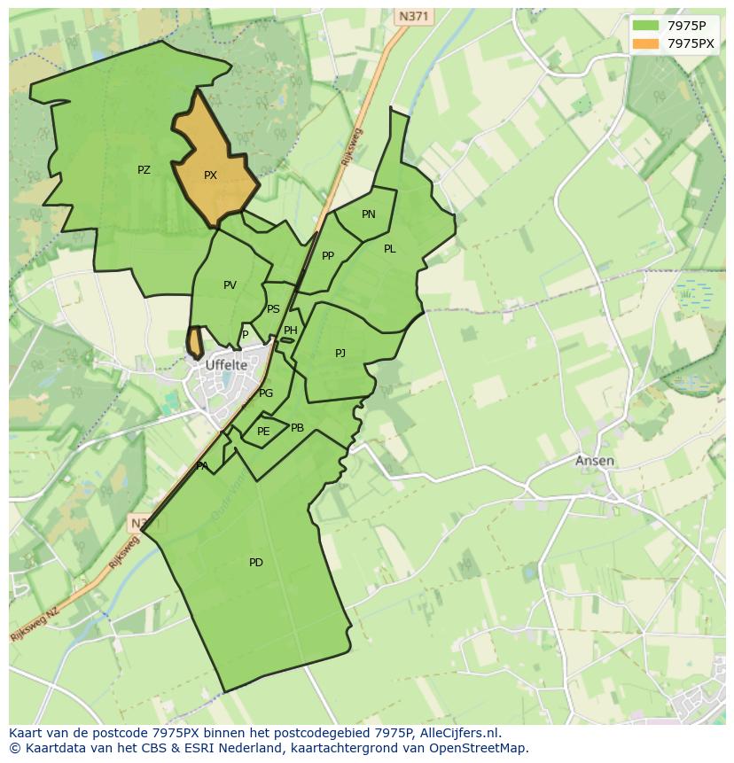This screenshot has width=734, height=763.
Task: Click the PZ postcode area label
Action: [x=144, y=170]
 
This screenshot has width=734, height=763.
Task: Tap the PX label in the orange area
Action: [x=210, y=175]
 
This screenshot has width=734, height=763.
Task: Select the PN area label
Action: [x=369, y=214]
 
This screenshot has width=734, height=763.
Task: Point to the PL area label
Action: [x=390, y=249]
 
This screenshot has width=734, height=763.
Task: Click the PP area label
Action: [x=328, y=256]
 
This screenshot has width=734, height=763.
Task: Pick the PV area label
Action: [x=230, y=285]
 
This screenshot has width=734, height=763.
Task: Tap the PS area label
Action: [x=273, y=309]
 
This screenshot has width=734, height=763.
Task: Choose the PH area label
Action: [x=291, y=331]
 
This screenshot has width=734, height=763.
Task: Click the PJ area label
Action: [x=340, y=354]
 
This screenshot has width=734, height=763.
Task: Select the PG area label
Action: [x=266, y=393]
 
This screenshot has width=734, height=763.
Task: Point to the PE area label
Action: [x=263, y=432]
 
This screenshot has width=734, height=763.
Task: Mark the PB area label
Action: [x=298, y=428]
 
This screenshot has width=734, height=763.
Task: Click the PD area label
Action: [x=256, y=563]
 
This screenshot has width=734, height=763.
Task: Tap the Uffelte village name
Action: [x=226, y=364]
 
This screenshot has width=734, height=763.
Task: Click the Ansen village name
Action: [x=594, y=461]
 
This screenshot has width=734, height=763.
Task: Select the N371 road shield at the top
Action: [x=414, y=17]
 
